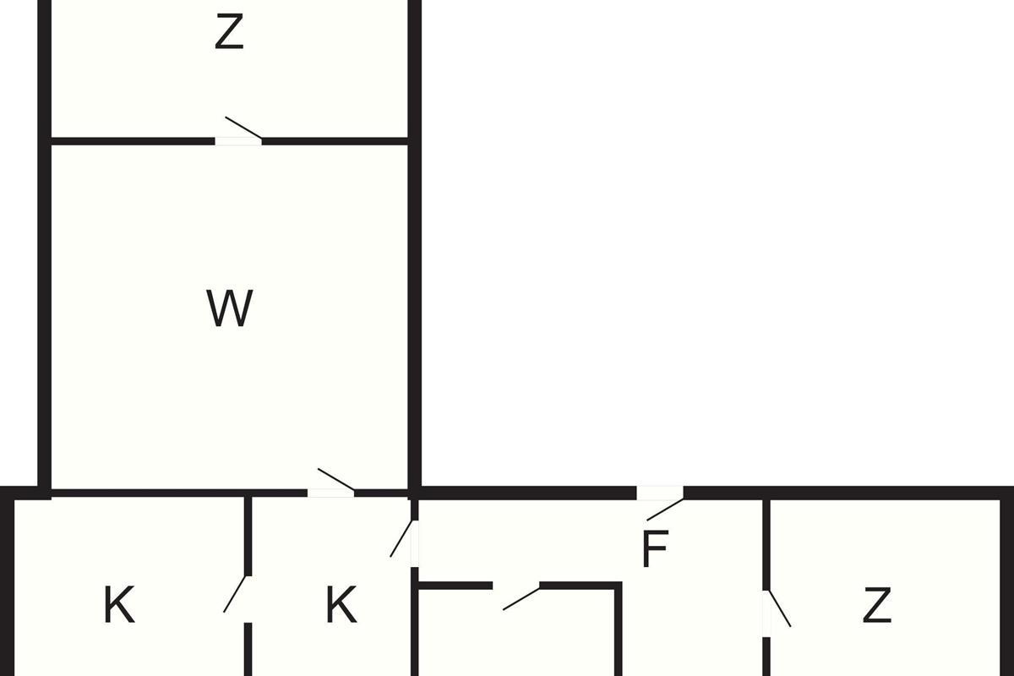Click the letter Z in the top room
click(229, 31)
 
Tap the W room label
click(230, 308)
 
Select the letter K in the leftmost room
click(119, 605)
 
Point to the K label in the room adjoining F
click(341, 605)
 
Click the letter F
click(655, 548)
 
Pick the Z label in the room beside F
click(877, 605)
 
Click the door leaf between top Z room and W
click(243, 128)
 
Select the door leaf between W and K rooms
click(336, 479)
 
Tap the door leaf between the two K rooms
click(235, 594)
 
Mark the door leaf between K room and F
click(401, 538)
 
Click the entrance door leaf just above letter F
click(665, 510)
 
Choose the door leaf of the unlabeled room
click(521, 598)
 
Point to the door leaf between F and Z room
click(779, 608)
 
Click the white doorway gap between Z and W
click(238, 142)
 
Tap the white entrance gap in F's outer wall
click(660, 493)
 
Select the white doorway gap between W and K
click(331, 493)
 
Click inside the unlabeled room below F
click(516, 634)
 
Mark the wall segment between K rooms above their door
click(248, 537)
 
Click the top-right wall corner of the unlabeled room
click(619, 586)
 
